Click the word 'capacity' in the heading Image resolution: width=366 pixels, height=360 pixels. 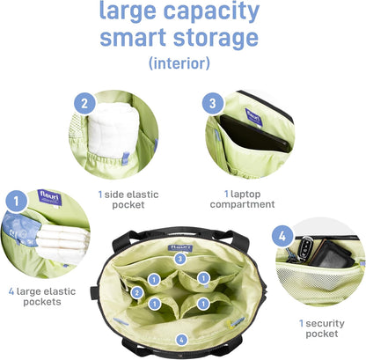pos(211,11)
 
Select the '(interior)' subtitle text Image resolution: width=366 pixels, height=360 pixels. pos(179,62)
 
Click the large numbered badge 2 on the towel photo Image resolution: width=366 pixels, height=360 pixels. pos(84,103)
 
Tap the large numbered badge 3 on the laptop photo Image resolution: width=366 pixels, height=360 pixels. pos(213,103)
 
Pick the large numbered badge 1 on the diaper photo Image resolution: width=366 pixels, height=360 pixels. pos(17,201)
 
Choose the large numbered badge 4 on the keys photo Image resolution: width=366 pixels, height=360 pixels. pos(282,236)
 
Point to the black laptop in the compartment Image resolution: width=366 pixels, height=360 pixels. pos(255,134)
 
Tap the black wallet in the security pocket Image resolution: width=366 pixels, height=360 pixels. pos(331,254)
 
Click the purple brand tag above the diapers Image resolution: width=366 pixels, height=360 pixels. pos(50,197)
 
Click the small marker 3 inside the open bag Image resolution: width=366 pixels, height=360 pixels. pos(180,259)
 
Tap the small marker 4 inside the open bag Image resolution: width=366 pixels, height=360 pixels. pos(181,340)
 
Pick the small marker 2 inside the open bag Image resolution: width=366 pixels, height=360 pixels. pos(137,292)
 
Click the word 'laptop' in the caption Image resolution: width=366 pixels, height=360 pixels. pos(245,195)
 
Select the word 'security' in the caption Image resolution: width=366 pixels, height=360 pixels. pos(325,324)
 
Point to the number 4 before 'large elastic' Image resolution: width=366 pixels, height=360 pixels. pos(11,291)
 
